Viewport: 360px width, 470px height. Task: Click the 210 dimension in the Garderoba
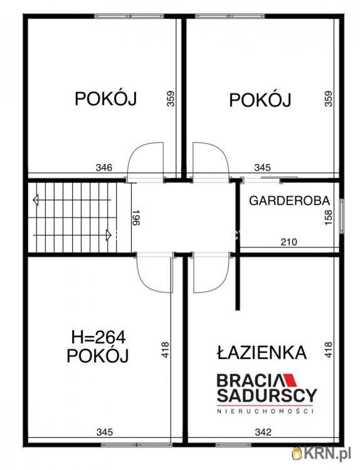pos(272,241)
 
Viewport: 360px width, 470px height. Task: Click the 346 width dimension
pos(104,167)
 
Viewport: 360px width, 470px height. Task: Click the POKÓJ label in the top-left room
pos(106,99)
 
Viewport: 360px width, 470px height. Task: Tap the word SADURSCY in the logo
pos(267,395)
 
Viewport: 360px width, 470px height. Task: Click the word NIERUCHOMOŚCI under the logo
pos(265,411)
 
